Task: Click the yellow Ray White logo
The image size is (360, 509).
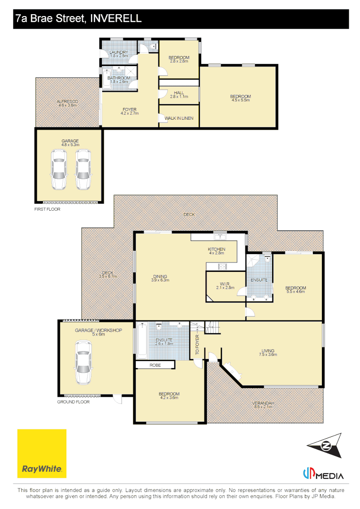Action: point(42,453)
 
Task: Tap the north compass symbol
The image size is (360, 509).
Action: point(325,445)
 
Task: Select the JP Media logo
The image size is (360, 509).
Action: point(323,474)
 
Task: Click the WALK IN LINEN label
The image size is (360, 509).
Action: point(179,118)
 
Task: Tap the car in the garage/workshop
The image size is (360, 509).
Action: point(83,362)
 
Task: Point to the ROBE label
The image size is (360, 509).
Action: point(155,365)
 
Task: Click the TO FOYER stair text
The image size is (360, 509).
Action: point(197,345)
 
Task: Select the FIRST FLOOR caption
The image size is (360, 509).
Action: point(48,209)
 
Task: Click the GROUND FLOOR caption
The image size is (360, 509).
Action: point(74,402)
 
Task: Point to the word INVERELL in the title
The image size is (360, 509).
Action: point(116,18)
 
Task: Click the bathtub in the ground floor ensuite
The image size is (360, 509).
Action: point(142,341)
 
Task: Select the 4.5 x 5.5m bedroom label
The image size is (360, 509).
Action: point(240,98)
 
